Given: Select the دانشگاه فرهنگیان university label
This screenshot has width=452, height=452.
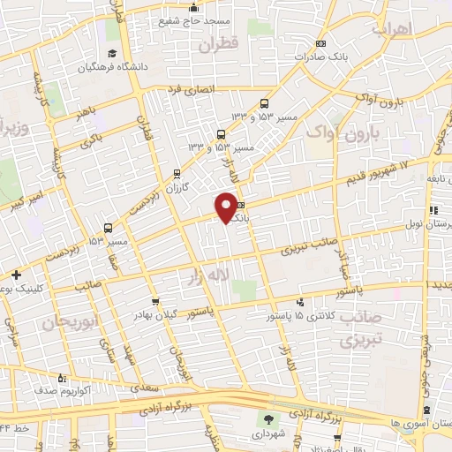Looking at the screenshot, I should click(110, 65).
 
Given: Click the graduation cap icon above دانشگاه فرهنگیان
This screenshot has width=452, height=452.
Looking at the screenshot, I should click(112, 49).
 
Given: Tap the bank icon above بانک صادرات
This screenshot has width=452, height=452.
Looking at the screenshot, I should click(321, 44).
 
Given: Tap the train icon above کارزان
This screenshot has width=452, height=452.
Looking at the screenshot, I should click(177, 173).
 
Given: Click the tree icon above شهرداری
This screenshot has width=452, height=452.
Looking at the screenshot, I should click(268, 418).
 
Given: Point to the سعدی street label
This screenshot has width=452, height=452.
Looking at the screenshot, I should click(141, 386).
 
